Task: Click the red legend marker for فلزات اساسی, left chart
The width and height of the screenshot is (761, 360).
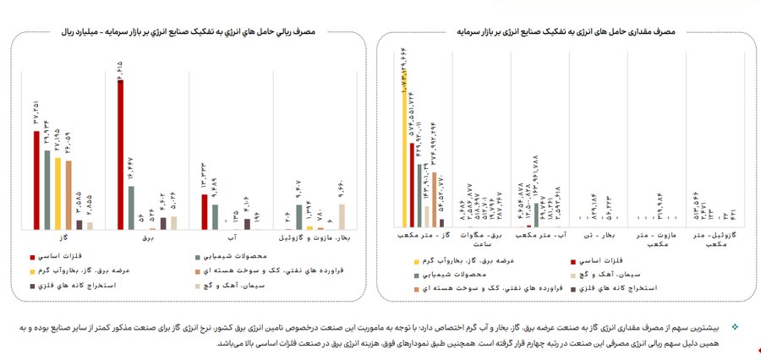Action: coord(33,254)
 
